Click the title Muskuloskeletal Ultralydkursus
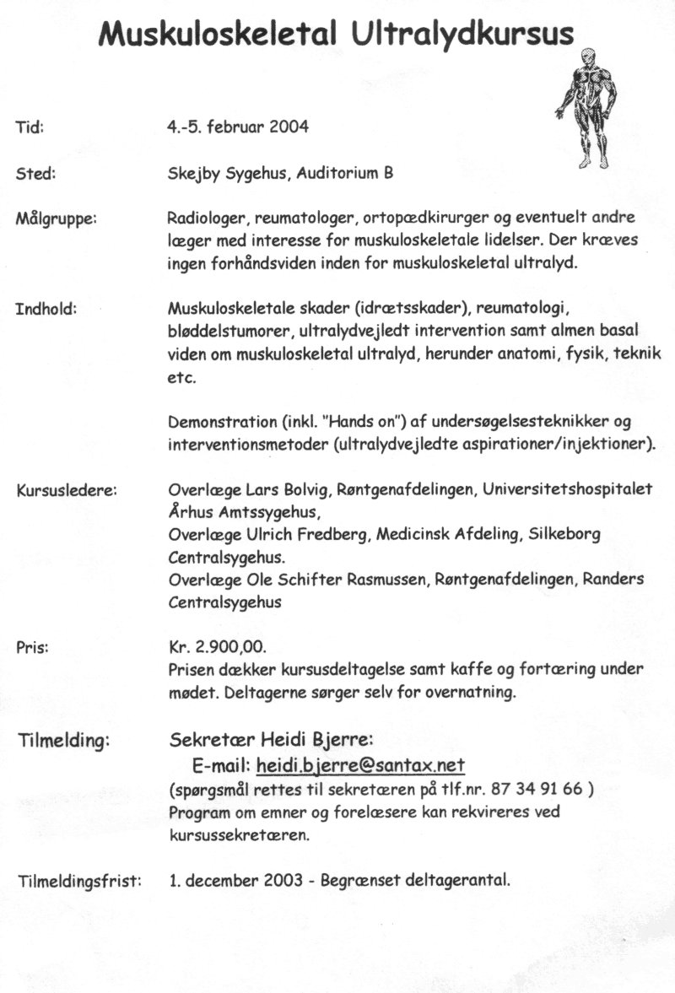pyautogui.click(x=337, y=34)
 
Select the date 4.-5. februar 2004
pyautogui.click(x=238, y=127)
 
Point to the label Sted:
pyautogui.click(x=35, y=175)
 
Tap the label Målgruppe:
pyautogui.click(x=57, y=219)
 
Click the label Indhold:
pyautogui.click(x=46, y=308)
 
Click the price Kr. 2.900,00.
pyautogui.click(x=217, y=648)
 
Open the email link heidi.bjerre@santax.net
pyautogui.click(x=361, y=766)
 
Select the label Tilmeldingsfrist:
pyautogui.click(x=79, y=882)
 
